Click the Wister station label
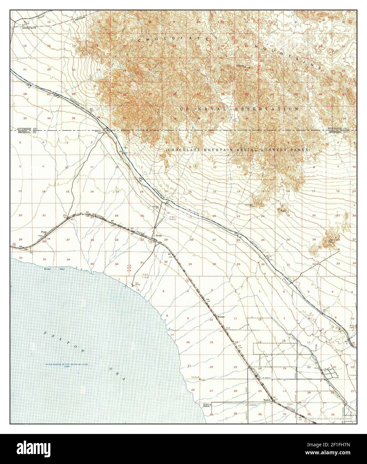coord(222,316)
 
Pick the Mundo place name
coord(267,400)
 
